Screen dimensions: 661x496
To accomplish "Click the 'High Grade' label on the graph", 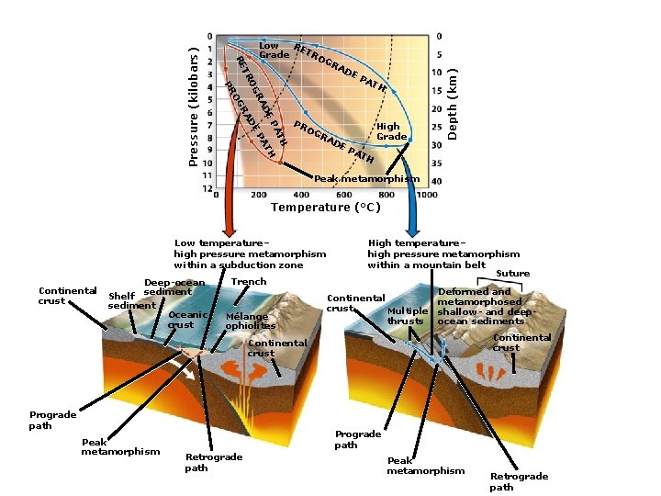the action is (388, 131).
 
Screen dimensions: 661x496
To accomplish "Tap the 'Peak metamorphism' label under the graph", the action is (366, 178).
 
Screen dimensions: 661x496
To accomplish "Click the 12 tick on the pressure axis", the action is (209, 188).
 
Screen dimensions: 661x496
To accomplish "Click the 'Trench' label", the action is (249, 282).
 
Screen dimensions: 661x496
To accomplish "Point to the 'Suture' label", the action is (512, 274).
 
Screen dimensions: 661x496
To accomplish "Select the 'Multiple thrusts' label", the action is (406, 316).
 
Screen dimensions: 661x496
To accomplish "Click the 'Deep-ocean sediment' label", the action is (174, 287).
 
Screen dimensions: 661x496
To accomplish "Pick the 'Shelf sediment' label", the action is (130, 300).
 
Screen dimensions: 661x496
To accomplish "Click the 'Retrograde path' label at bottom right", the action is (519, 481).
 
